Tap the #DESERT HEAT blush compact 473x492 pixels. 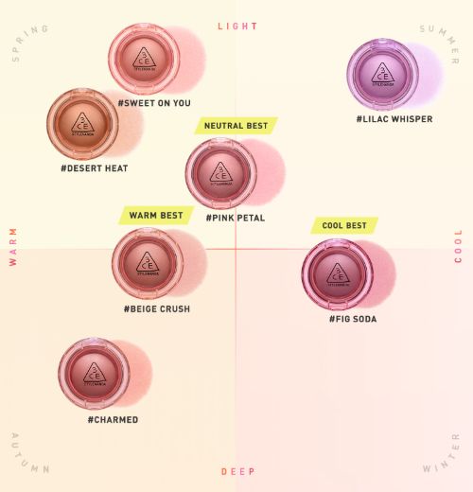[82, 123]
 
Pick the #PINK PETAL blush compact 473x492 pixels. [221, 173]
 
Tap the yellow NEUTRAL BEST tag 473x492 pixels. [236, 125]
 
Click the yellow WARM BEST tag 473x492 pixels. [152, 216]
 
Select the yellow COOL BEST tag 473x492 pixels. [344, 226]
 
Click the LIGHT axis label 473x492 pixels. [237, 26]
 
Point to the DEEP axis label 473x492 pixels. [237, 471]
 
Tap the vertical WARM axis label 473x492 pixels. [13, 246]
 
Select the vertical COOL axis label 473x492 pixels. [459, 246]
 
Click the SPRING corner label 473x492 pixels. [29, 44]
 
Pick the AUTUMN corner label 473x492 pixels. [30, 452]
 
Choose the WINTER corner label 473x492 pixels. [441, 453]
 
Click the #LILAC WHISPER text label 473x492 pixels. [394, 119]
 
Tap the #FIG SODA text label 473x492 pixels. [353, 320]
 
